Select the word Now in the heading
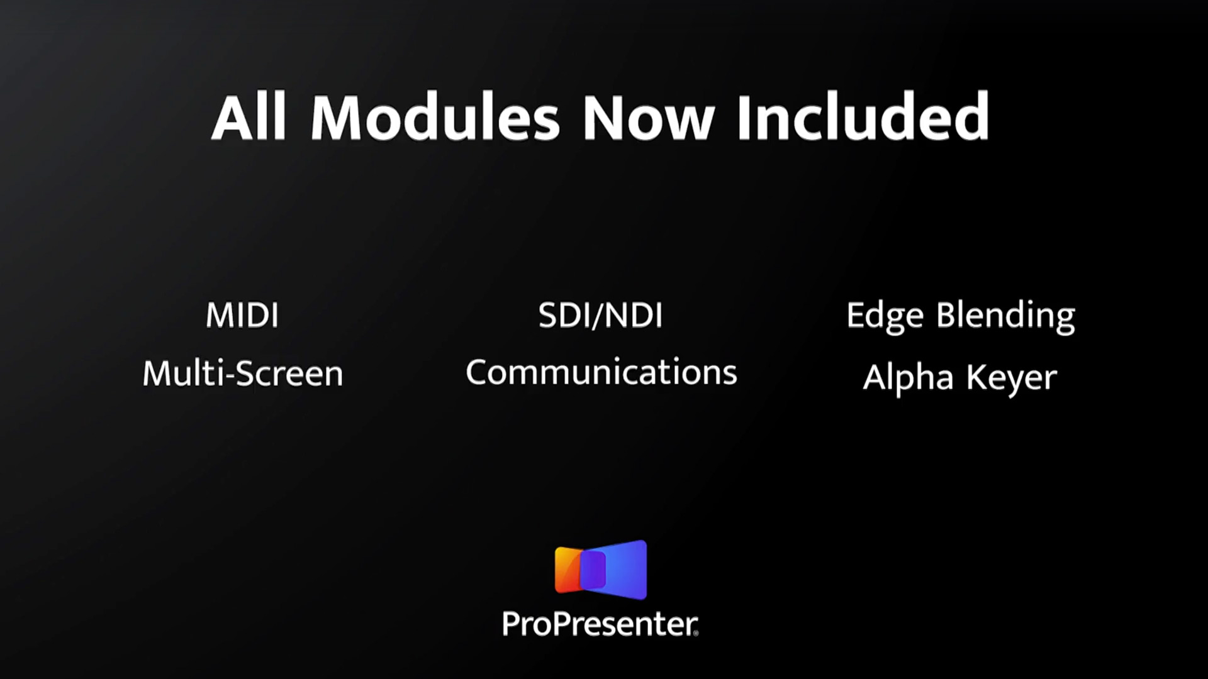point(649,118)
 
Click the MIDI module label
point(242,316)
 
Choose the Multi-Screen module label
point(243,373)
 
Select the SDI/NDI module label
point(601,316)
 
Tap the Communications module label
point(601,372)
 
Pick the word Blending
point(1006,317)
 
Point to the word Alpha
point(908,378)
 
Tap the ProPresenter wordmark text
point(600,625)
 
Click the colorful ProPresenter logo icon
point(601,569)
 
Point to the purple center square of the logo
point(593,570)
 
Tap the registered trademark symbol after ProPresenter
point(695,634)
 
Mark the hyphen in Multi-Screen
point(230,376)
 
